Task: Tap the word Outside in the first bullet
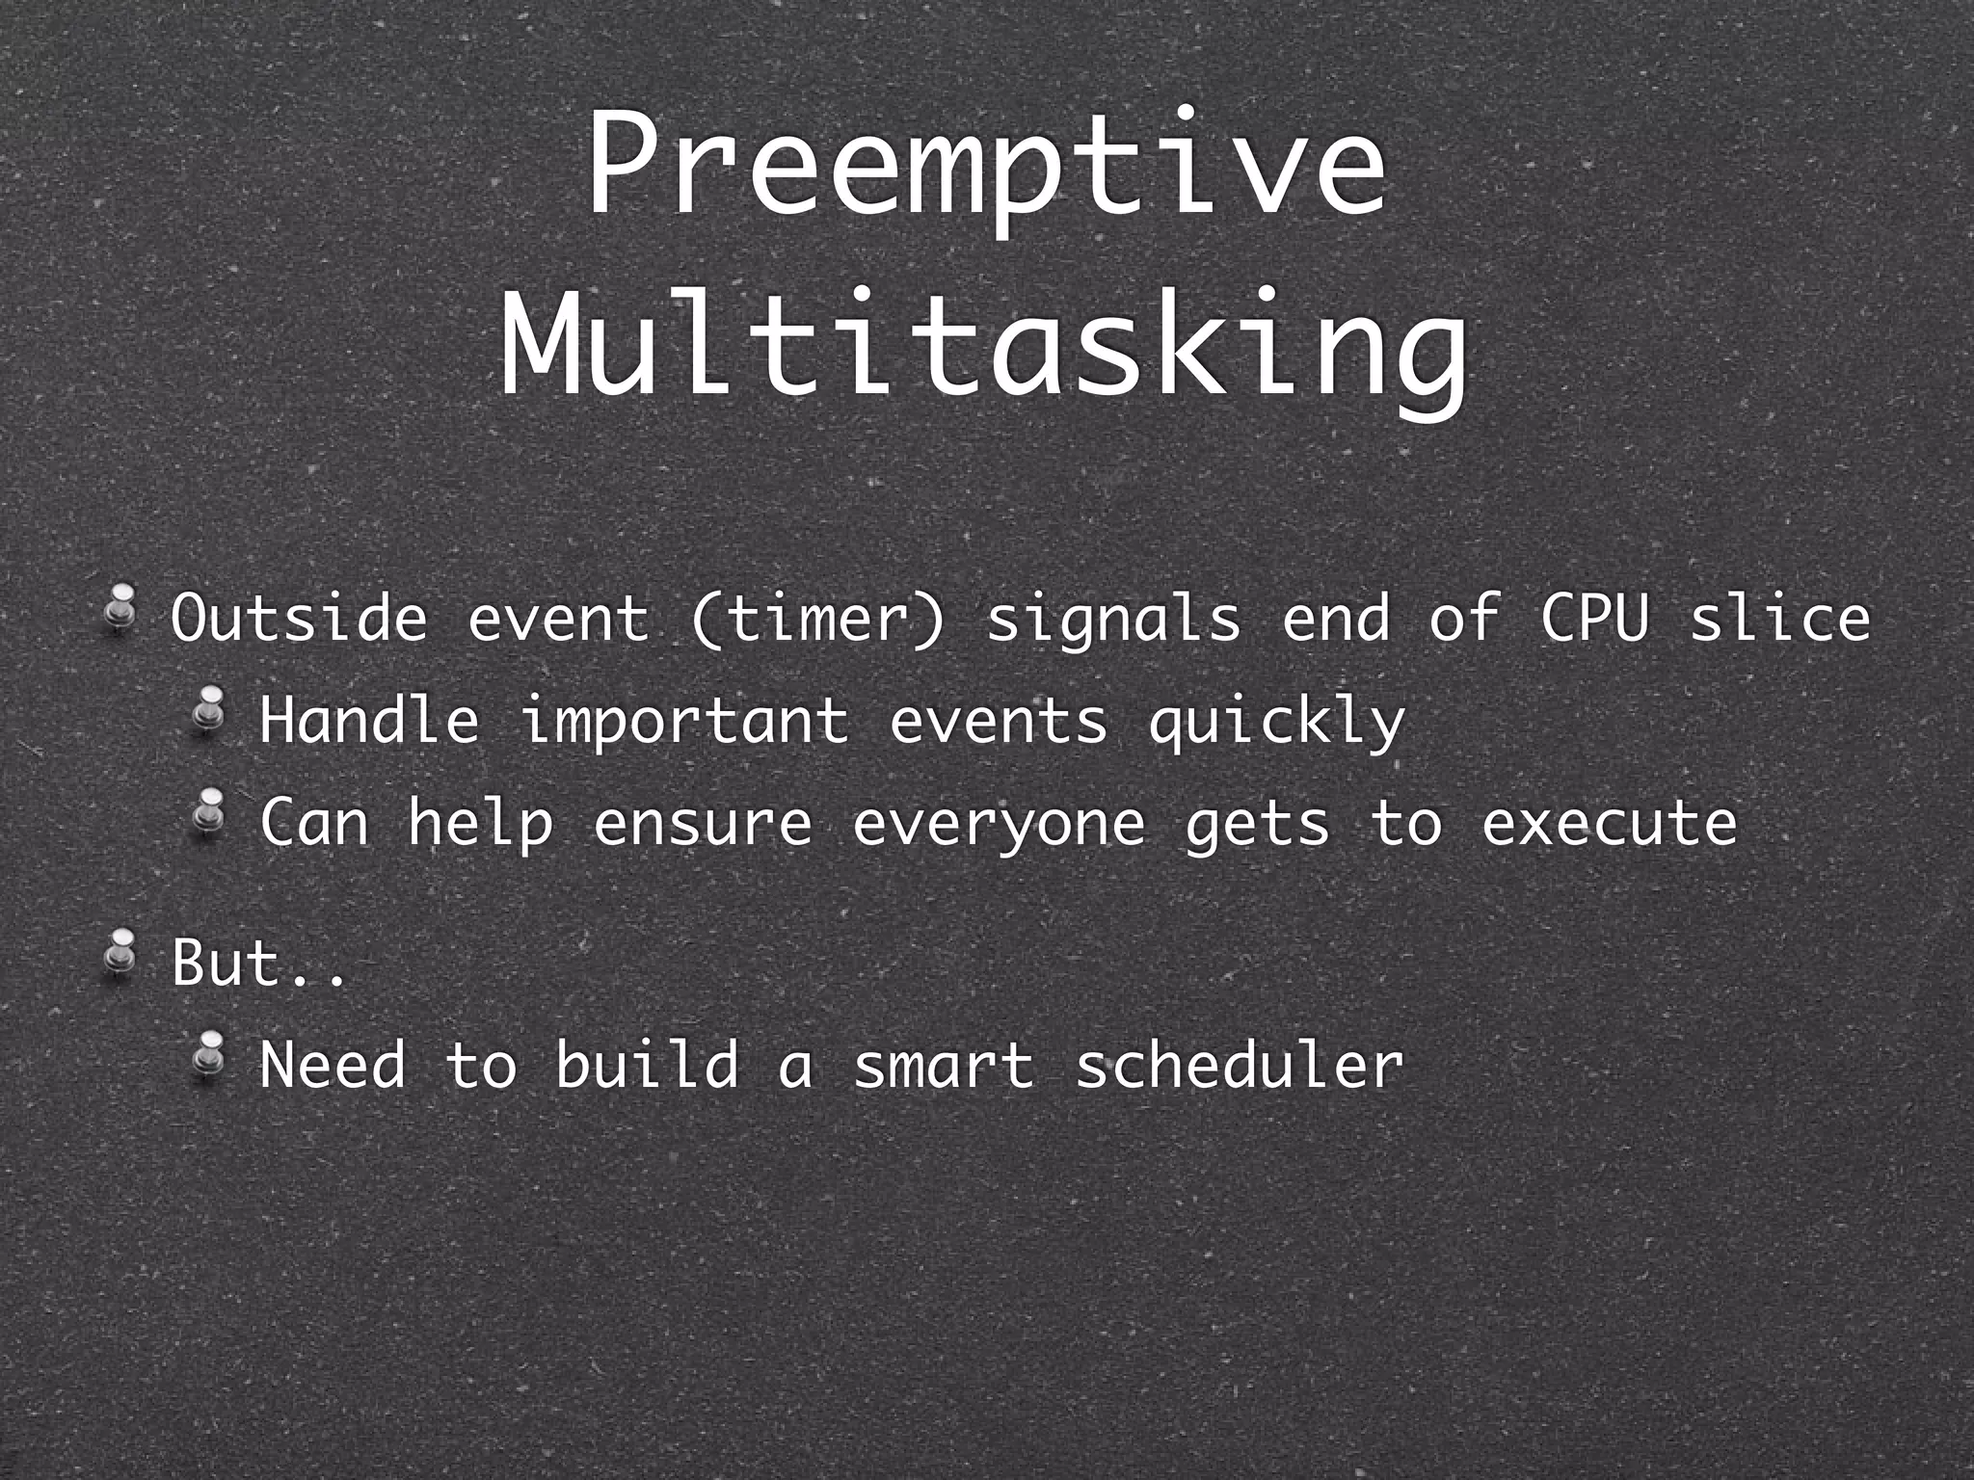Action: click(299, 618)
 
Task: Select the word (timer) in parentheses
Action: click(818, 620)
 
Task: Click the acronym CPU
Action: click(1594, 618)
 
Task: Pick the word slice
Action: click(1780, 618)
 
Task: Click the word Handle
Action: click(369, 720)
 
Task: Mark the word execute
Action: click(1610, 824)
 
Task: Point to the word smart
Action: click(944, 1067)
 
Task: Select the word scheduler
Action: click(1240, 1065)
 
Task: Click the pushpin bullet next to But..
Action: click(120, 953)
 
